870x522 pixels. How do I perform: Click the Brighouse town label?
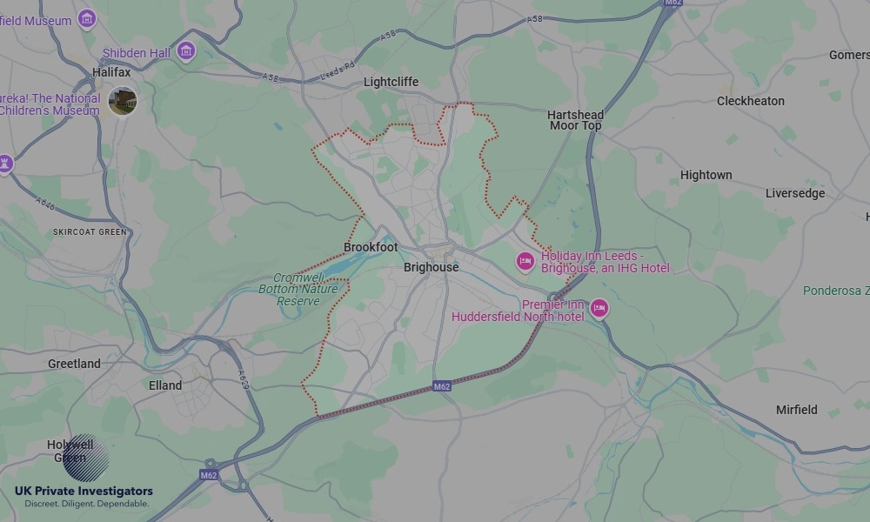pyautogui.click(x=431, y=267)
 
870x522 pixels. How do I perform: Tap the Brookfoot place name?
pyautogui.click(x=371, y=247)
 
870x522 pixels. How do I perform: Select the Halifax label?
pyautogui.click(x=111, y=72)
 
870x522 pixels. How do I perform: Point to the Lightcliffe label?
pyautogui.click(x=391, y=82)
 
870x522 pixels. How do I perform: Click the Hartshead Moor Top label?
pyautogui.click(x=575, y=120)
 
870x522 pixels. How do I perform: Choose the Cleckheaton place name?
pyautogui.click(x=750, y=101)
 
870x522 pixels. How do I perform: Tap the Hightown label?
pyautogui.click(x=706, y=175)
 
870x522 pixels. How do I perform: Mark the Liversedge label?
pyautogui.click(x=794, y=193)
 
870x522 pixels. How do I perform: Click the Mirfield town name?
pyautogui.click(x=796, y=409)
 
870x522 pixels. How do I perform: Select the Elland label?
pyautogui.click(x=165, y=385)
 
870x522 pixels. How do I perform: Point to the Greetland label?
pyautogui.click(x=74, y=364)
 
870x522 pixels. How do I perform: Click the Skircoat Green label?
pyautogui.click(x=90, y=232)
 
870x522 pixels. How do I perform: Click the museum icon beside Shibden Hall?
pyautogui.click(x=185, y=51)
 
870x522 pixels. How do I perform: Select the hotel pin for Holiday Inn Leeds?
pyautogui.click(x=525, y=261)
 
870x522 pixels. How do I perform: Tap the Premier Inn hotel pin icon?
pyautogui.click(x=599, y=308)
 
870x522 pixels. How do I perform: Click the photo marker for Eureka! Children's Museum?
pyautogui.click(x=123, y=101)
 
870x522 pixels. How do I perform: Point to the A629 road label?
pyautogui.click(x=244, y=380)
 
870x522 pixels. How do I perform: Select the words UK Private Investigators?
pyautogui.click(x=84, y=492)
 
